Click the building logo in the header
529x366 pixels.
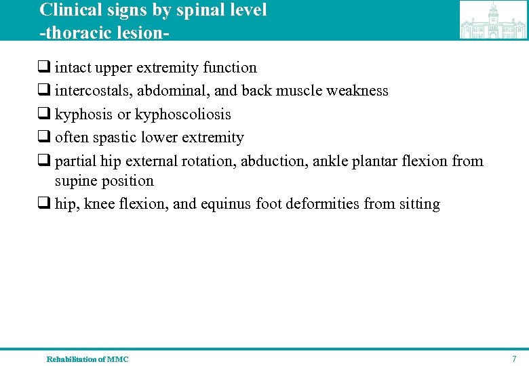(493, 20)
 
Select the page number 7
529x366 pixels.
(514, 359)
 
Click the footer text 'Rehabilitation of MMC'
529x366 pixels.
(87, 359)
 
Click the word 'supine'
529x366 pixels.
(77, 181)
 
